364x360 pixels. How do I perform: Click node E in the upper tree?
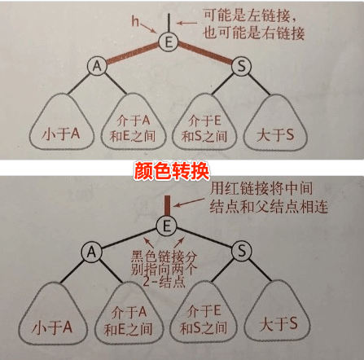(169, 42)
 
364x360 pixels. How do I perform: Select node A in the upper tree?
(97, 66)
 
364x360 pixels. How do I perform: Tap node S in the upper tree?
(241, 66)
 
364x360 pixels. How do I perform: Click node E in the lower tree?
(167, 226)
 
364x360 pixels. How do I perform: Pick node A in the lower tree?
(91, 252)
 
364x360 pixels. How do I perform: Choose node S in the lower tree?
(242, 251)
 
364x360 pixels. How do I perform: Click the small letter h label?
(135, 21)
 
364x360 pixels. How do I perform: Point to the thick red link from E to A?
(133, 55)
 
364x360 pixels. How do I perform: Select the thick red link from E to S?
(205, 54)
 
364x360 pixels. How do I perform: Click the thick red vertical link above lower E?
(168, 205)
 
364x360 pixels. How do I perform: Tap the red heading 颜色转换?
(172, 171)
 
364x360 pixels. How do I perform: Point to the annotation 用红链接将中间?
(261, 188)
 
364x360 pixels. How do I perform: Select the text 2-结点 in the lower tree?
(164, 282)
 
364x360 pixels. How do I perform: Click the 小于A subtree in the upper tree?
(61, 121)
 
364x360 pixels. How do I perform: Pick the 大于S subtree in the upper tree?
(275, 122)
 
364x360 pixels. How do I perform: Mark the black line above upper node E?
(169, 23)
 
